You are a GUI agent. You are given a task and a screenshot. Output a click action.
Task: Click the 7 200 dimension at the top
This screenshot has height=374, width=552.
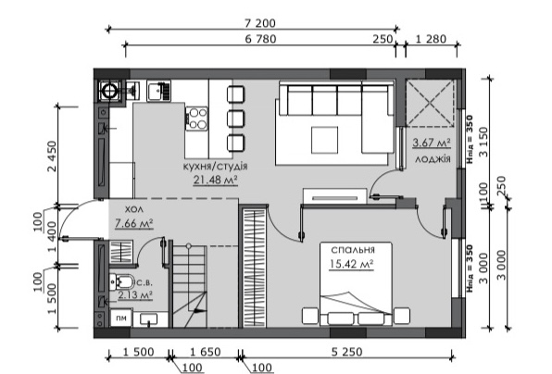[260, 23]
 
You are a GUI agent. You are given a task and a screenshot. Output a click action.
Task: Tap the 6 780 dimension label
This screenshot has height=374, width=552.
[260, 39]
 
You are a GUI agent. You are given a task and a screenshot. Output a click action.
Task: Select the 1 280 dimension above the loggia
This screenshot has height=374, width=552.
[431, 39]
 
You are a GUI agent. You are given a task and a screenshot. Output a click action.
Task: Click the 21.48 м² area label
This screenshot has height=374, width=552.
[215, 180]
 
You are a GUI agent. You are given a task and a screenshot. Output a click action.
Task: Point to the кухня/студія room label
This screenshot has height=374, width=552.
[215, 166]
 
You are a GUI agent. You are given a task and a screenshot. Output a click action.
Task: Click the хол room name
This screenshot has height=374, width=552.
[134, 210]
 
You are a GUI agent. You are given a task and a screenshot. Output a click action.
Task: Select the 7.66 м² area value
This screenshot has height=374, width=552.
[134, 223]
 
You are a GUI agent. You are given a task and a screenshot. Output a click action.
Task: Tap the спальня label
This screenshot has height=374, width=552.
[353, 250]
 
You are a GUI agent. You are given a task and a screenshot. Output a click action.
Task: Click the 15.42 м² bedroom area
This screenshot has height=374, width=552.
[352, 264]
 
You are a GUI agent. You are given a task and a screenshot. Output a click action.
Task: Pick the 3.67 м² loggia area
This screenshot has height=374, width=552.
[432, 143]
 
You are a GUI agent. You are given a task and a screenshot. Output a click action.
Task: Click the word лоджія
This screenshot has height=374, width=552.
[433, 158]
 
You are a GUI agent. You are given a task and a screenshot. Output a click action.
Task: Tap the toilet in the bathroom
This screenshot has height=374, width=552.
[122, 281]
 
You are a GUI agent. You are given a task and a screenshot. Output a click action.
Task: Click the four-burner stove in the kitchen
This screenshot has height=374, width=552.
[196, 118]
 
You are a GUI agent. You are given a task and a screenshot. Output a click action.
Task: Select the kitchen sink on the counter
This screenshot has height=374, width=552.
[158, 91]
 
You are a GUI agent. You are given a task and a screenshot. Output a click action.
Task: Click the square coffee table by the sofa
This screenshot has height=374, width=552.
[324, 140]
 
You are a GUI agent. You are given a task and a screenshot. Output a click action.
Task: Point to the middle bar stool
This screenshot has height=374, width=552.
[235, 118]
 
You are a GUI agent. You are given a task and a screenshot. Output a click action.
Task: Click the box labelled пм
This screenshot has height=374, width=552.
[121, 318]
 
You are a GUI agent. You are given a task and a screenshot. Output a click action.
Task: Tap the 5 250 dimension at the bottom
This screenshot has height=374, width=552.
[346, 352]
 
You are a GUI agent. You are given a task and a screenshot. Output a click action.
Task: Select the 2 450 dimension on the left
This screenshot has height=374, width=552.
[52, 156]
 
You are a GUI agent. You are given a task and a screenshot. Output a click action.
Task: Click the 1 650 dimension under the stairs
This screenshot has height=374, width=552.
[206, 352]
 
